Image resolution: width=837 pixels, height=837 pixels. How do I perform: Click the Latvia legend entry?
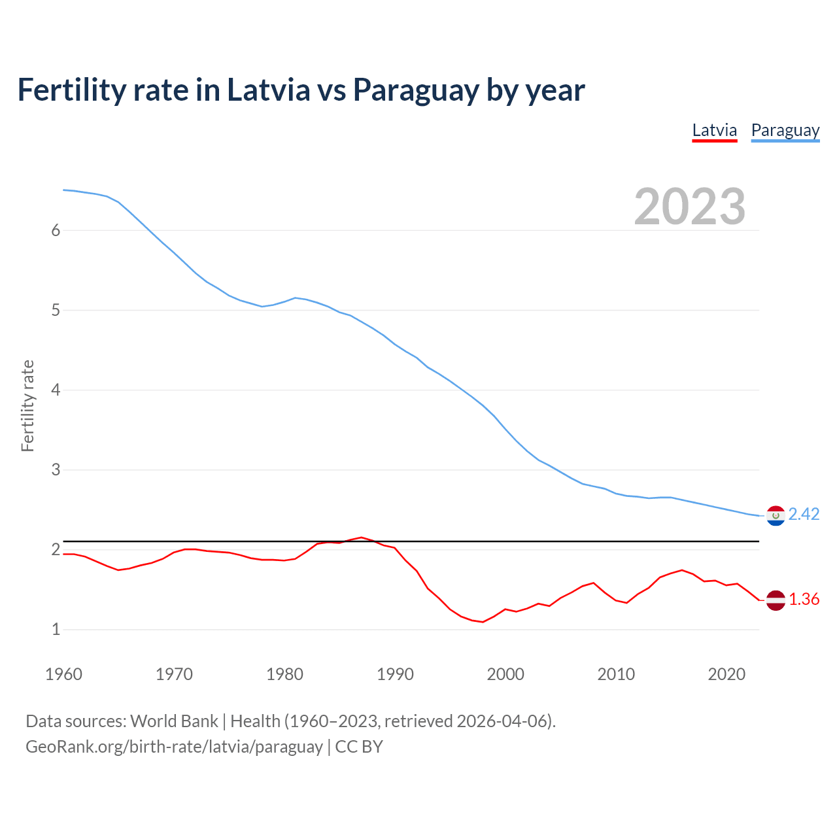coord(714,130)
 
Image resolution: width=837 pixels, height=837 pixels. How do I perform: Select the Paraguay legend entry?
coord(785,130)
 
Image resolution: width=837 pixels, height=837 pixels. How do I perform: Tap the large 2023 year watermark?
coord(689,207)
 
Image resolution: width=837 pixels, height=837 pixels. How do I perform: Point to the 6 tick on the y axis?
coord(56,230)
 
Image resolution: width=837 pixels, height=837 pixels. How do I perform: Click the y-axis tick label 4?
coord(56,390)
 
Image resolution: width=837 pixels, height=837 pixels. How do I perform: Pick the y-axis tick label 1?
coord(56,629)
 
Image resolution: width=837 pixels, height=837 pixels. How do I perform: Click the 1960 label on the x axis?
coord(63,674)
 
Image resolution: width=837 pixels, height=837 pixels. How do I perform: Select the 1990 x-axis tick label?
coord(395,674)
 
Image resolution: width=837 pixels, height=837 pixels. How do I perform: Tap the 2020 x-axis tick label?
coord(726,674)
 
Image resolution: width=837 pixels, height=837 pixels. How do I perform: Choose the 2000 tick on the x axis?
coord(505,674)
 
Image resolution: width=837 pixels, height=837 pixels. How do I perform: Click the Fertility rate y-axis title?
coord(27,405)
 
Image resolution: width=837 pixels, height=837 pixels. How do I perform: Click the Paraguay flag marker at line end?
coord(776,516)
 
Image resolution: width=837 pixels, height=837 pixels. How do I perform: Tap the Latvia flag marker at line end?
coord(776,600)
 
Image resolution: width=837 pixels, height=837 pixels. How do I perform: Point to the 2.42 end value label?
coord(804,515)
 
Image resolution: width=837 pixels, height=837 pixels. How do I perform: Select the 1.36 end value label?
coord(804,599)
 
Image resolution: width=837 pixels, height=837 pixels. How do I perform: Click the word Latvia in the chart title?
coord(268,90)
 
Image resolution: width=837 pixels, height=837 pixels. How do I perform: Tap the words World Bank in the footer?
coord(174,721)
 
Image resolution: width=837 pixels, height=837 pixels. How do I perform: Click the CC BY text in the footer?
coord(359,747)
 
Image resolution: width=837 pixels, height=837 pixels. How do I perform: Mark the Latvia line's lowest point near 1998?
coord(483,622)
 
